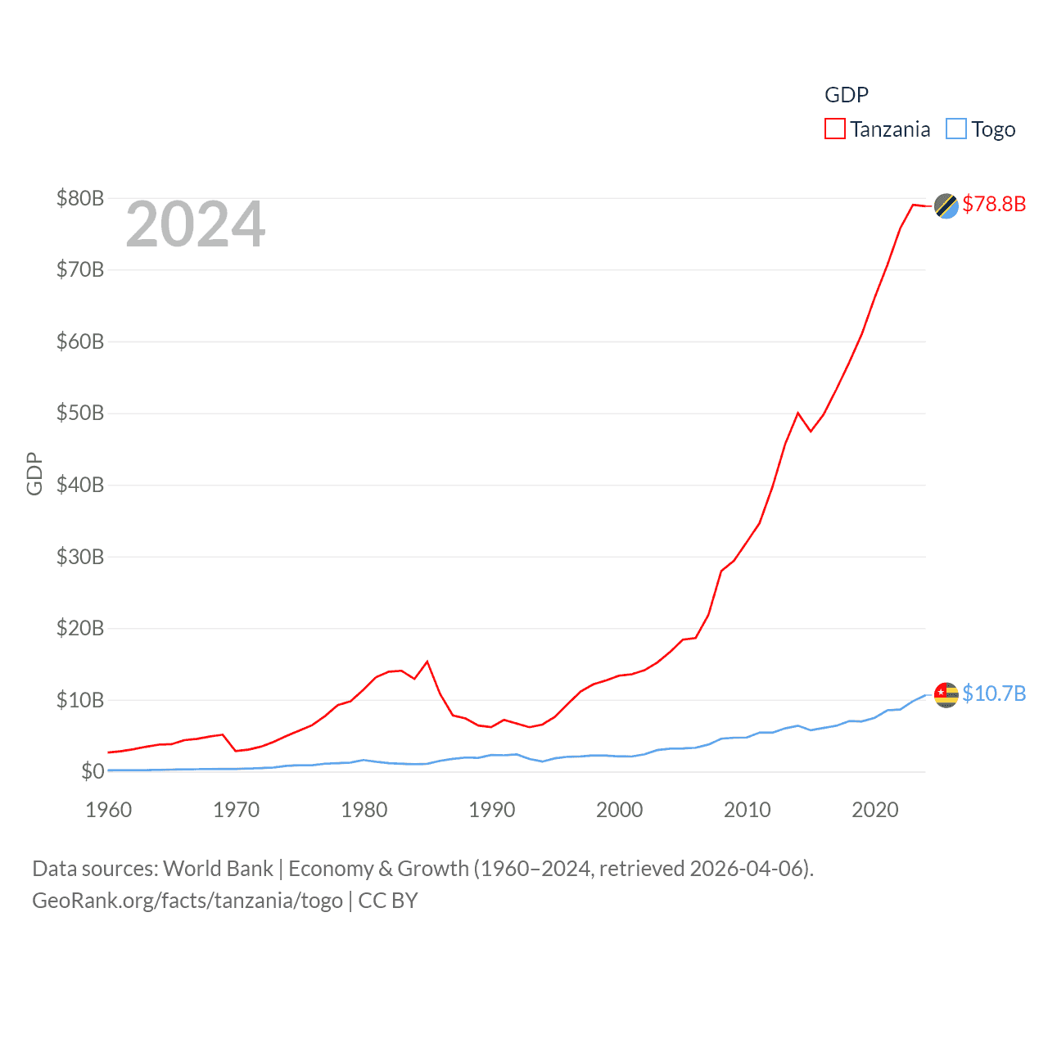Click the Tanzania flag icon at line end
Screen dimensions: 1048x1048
coord(946,206)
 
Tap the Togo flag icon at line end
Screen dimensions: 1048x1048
coord(946,694)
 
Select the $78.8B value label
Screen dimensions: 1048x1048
coord(994,204)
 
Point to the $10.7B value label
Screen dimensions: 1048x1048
coord(994,693)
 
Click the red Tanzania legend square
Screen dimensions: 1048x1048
coord(834,129)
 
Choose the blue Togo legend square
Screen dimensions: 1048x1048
coord(955,129)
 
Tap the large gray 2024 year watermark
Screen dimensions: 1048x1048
coord(196,224)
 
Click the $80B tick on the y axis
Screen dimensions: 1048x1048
coord(79,198)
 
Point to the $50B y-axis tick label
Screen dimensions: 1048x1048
coord(79,413)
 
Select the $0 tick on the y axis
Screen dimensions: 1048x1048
coord(93,771)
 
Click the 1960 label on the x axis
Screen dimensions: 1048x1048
coord(108,810)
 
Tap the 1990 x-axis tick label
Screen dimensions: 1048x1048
coord(491,810)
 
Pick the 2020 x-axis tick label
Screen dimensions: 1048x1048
coord(874,810)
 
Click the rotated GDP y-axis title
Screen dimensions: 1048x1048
coord(34,473)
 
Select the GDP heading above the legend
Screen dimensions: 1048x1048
coord(846,95)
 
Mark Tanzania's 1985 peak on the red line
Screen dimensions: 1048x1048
coord(427,662)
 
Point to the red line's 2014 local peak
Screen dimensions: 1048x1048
coord(797,413)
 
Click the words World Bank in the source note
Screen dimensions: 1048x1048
coord(218,869)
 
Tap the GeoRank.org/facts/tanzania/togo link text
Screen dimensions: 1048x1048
coord(187,901)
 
